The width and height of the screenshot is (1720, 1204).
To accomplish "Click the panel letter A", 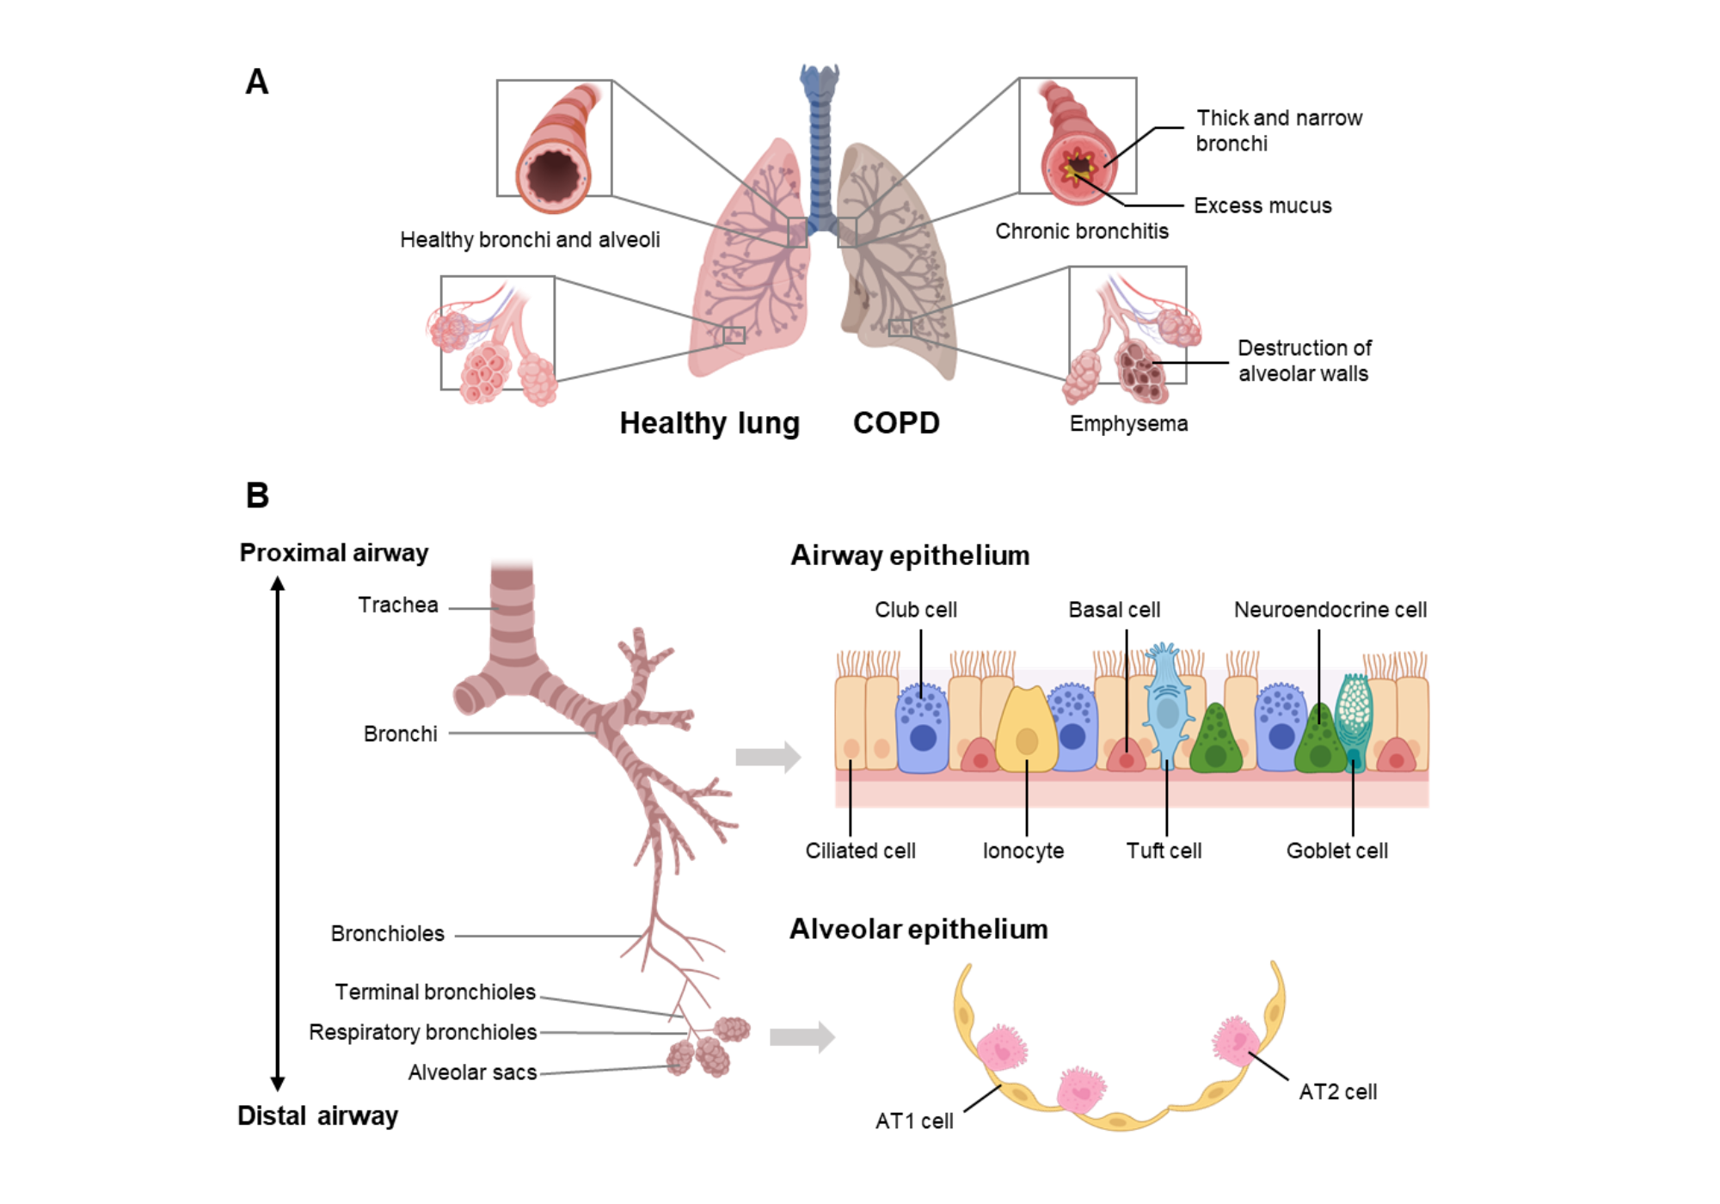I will tap(256, 83).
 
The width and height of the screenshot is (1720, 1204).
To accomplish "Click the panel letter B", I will tap(257, 495).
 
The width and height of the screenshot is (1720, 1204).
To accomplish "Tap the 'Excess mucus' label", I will tap(1262, 206).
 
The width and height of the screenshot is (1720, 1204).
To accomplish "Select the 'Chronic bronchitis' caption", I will tap(1081, 231).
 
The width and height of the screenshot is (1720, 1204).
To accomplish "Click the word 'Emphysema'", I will tap(1128, 423).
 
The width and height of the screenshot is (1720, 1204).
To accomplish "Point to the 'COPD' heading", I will tap(896, 423).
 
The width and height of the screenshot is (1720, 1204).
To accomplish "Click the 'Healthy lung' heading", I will tap(709, 423).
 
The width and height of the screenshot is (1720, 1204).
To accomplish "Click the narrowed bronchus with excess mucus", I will tap(1078, 163).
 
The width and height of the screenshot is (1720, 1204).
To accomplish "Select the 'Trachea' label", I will tap(398, 605).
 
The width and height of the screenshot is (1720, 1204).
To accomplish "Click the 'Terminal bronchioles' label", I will tap(435, 992).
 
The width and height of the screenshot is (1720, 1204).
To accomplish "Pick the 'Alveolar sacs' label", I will tap(472, 1072).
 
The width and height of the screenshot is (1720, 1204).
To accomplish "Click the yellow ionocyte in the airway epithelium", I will tap(1026, 731).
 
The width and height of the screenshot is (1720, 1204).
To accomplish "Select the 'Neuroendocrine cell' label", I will tap(1330, 610).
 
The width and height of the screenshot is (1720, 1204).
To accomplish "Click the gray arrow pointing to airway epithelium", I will tap(767, 757).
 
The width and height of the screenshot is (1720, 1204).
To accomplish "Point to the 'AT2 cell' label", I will tap(1337, 1092).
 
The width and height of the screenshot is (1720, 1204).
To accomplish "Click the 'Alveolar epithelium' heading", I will tap(918, 930).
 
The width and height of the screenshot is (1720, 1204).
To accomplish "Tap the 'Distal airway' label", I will tap(317, 1116).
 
